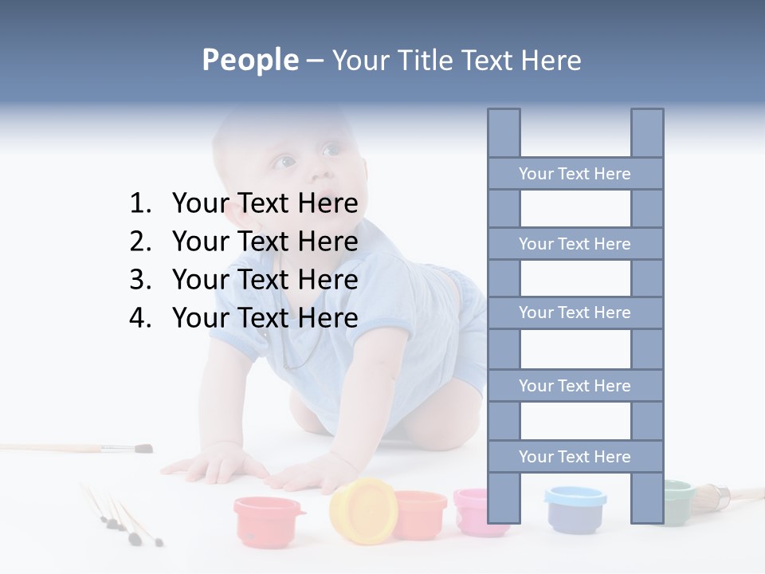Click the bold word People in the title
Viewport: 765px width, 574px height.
pyautogui.click(x=249, y=60)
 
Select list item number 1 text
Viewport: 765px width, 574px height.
pyautogui.click(x=265, y=203)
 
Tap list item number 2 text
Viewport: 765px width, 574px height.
pyautogui.click(x=265, y=242)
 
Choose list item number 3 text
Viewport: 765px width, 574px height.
pyautogui.click(x=265, y=280)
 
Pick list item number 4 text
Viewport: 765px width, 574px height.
pyautogui.click(x=265, y=318)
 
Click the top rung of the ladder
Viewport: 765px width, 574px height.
pyautogui.click(x=575, y=174)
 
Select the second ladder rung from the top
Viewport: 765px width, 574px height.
pyautogui.click(x=575, y=244)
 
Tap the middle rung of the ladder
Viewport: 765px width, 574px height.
pyautogui.click(x=575, y=313)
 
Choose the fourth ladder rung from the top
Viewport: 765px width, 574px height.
pyautogui.click(x=575, y=386)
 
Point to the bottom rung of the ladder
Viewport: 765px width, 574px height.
pyautogui.click(x=575, y=457)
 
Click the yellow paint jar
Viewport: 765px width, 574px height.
pyautogui.click(x=363, y=510)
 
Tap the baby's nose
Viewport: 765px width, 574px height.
pyautogui.click(x=319, y=172)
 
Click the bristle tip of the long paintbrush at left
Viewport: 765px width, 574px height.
pyautogui.click(x=143, y=449)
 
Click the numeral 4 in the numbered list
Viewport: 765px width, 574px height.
pyautogui.click(x=139, y=318)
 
